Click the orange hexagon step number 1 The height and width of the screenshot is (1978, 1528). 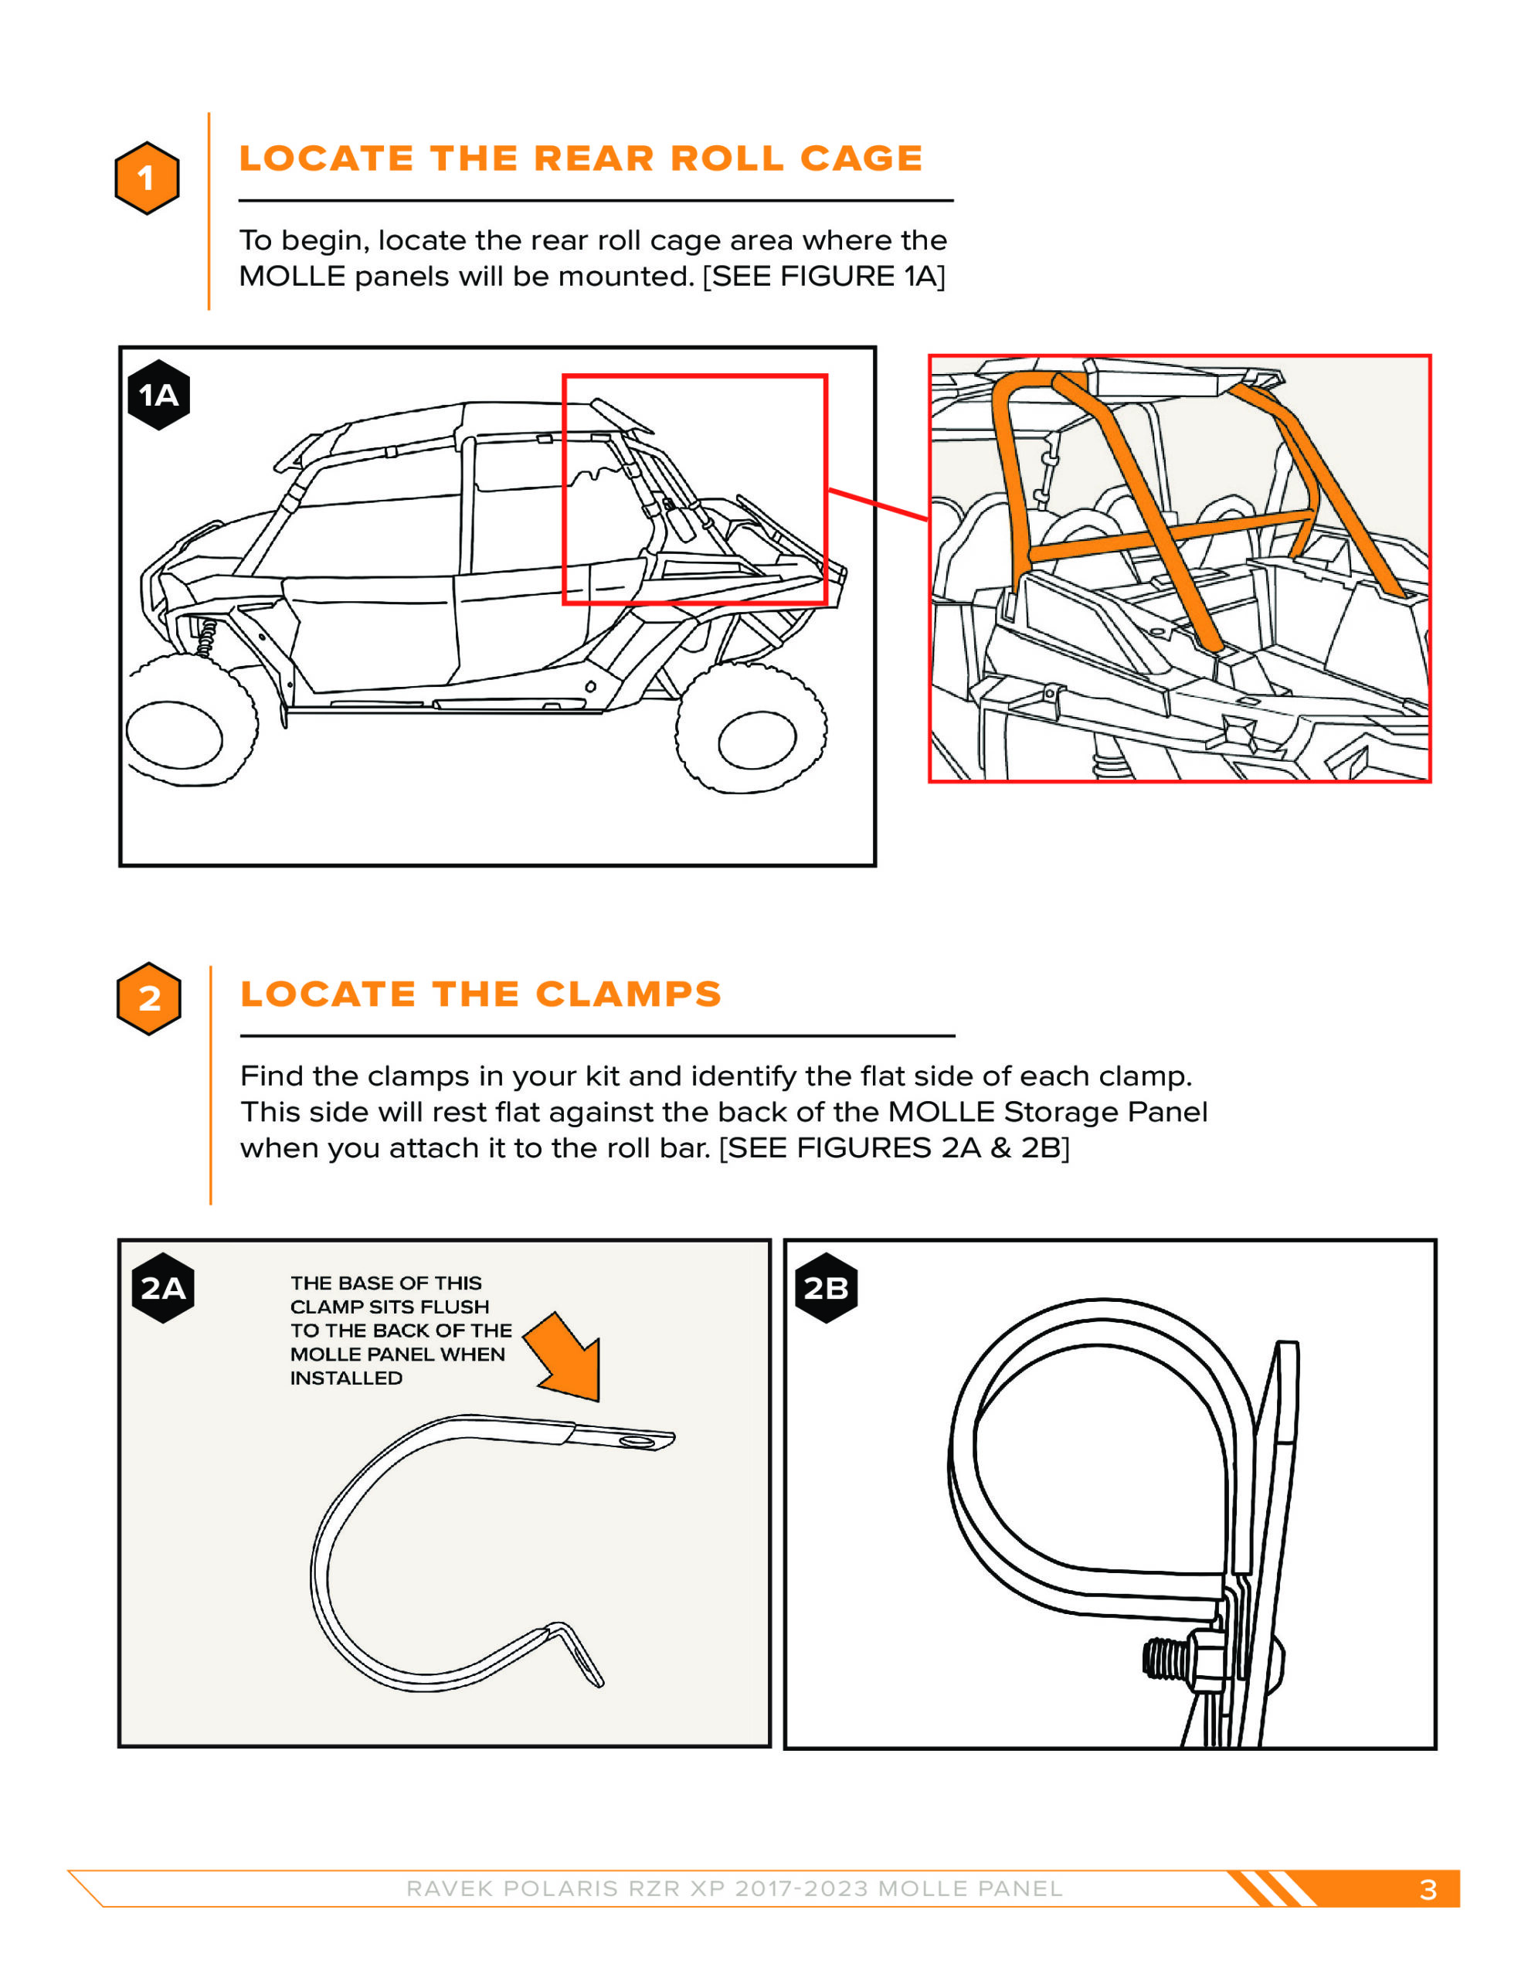coord(147,178)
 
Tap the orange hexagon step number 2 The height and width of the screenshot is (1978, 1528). coord(149,998)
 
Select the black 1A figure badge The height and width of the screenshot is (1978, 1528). coord(158,395)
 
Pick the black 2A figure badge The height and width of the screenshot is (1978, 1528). coord(163,1288)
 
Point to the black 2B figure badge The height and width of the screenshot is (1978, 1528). coord(826,1288)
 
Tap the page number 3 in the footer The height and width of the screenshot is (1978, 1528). coord(1428,1889)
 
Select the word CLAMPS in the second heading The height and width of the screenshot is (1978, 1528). coord(630,994)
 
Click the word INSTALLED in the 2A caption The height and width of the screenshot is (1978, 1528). coord(346,1378)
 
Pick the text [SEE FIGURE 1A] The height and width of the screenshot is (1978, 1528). coord(824,277)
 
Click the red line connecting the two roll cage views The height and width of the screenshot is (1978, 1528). coord(877,505)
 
